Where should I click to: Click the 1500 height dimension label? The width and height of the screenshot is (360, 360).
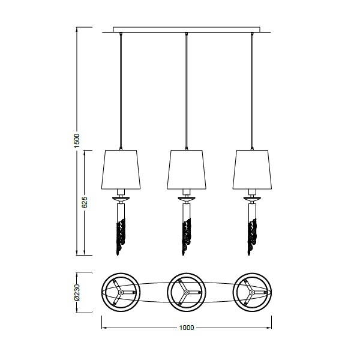tap(77, 140)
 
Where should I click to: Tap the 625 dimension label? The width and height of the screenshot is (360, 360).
tap(85, 202)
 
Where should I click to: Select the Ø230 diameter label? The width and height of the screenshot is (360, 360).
tap(77, 292)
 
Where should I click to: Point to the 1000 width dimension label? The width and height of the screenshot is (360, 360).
tap(187, 328)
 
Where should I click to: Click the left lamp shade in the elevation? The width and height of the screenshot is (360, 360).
tap(121, 170)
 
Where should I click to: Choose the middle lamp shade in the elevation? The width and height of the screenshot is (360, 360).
tap(187, 170)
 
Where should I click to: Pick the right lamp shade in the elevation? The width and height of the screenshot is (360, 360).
tap(252, 170)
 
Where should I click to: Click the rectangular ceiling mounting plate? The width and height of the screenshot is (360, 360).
tap(187, 29)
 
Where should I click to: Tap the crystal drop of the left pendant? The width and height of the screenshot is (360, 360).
tap(121, 236)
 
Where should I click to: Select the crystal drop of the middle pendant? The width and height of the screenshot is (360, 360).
tap(187, 236)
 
